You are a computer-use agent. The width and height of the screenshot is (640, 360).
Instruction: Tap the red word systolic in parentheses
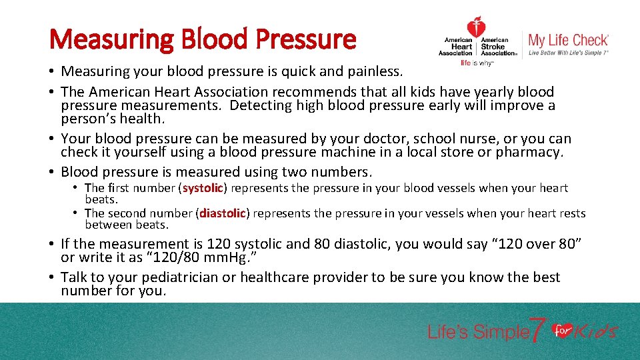(203, 189)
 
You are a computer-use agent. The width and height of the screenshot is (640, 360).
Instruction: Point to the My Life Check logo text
(568, 40)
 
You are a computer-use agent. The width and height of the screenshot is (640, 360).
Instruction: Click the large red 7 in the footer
(538, 330)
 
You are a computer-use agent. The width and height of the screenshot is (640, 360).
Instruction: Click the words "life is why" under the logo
(476, 63)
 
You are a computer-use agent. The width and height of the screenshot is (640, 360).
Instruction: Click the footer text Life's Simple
(477, 332)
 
